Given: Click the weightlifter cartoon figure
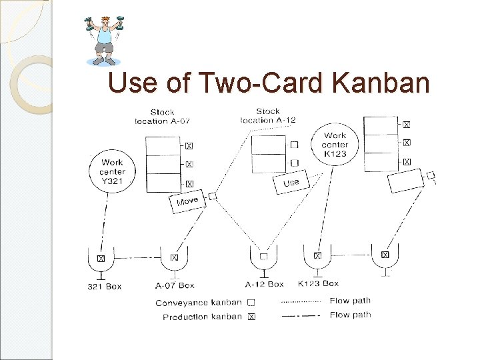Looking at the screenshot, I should point(105,41).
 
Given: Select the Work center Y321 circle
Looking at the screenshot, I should point(113,172).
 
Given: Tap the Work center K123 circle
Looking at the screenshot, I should point(334,145).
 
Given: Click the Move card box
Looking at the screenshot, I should point(187,201).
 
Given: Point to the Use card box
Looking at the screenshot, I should point(291,182).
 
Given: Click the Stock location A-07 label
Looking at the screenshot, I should point(163,117).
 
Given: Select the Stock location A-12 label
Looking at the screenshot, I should point(267,115).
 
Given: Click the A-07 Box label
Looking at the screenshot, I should point(175,285).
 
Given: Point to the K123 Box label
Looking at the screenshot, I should point(318,284).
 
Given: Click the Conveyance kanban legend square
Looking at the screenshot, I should point(251,303).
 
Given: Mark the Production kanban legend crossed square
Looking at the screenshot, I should point(251,317).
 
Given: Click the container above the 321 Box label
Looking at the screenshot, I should point(101,259).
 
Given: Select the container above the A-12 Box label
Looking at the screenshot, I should point(264,257).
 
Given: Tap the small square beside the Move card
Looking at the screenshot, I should point(213,196).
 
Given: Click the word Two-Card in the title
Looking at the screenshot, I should point(268,83).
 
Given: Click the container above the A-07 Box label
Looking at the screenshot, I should point(174,258).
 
